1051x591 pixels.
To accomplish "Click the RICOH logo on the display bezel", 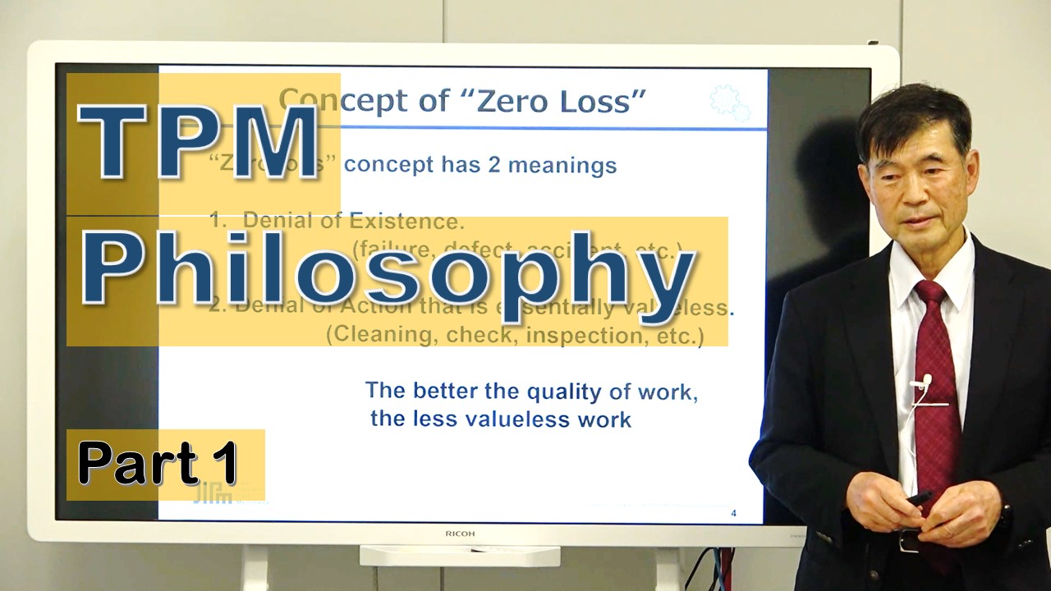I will click(x=461, y=534).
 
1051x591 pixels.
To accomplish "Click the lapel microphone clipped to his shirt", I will click(x=926, y=381).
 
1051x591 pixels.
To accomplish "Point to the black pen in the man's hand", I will click(x=919, y=497).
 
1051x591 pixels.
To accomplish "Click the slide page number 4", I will click(x=733, y=514).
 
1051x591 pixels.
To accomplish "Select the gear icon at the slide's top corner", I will click(x=729, y=103).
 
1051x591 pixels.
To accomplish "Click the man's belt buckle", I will click(x=909, y=540).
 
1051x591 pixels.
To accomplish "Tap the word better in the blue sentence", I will click(x=447, y=391).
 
